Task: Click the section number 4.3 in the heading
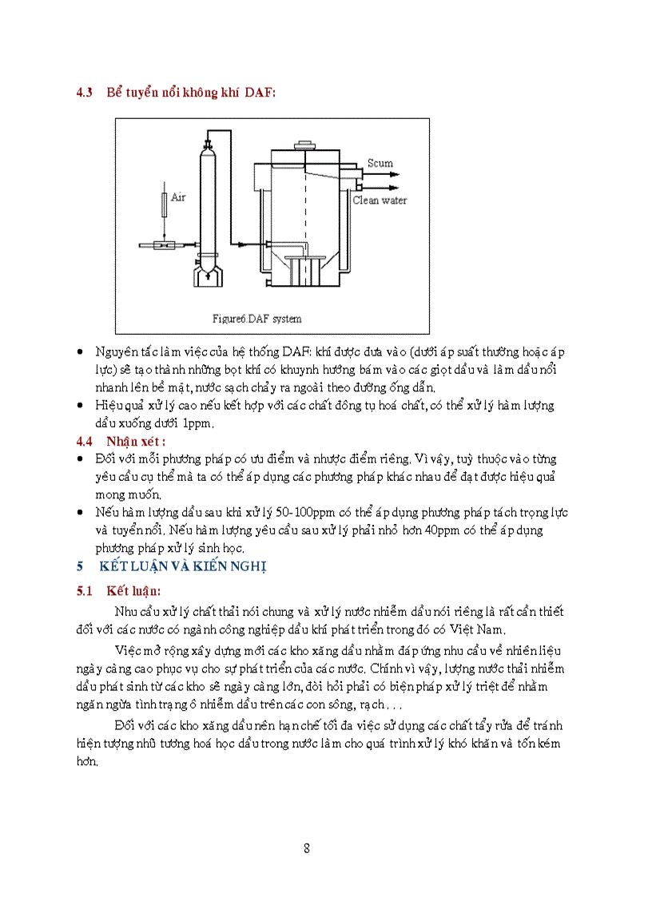point(85,93)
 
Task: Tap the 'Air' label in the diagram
point(178,196)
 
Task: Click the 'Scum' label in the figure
point(380,163)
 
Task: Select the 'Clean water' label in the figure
point(380,200)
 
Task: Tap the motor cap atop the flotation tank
point(304,146)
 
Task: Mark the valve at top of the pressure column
point(208,144)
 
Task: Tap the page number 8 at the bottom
point(307,848)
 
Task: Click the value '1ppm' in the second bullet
point(197,423)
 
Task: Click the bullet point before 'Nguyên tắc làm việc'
point(80,352)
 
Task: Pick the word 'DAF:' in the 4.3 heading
point(260,93)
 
